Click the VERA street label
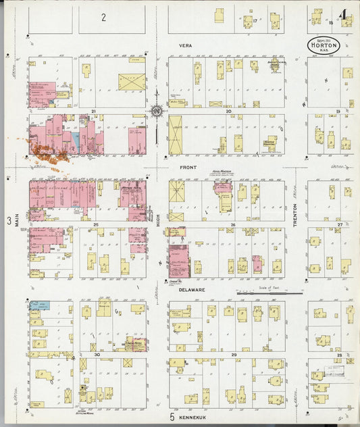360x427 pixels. [186, 45]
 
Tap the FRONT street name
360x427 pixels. [187, 166]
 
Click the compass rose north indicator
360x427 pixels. [157, 110]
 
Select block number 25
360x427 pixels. [96, 224]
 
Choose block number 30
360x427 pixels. [97, 354]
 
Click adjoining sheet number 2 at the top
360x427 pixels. [103, 16]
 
